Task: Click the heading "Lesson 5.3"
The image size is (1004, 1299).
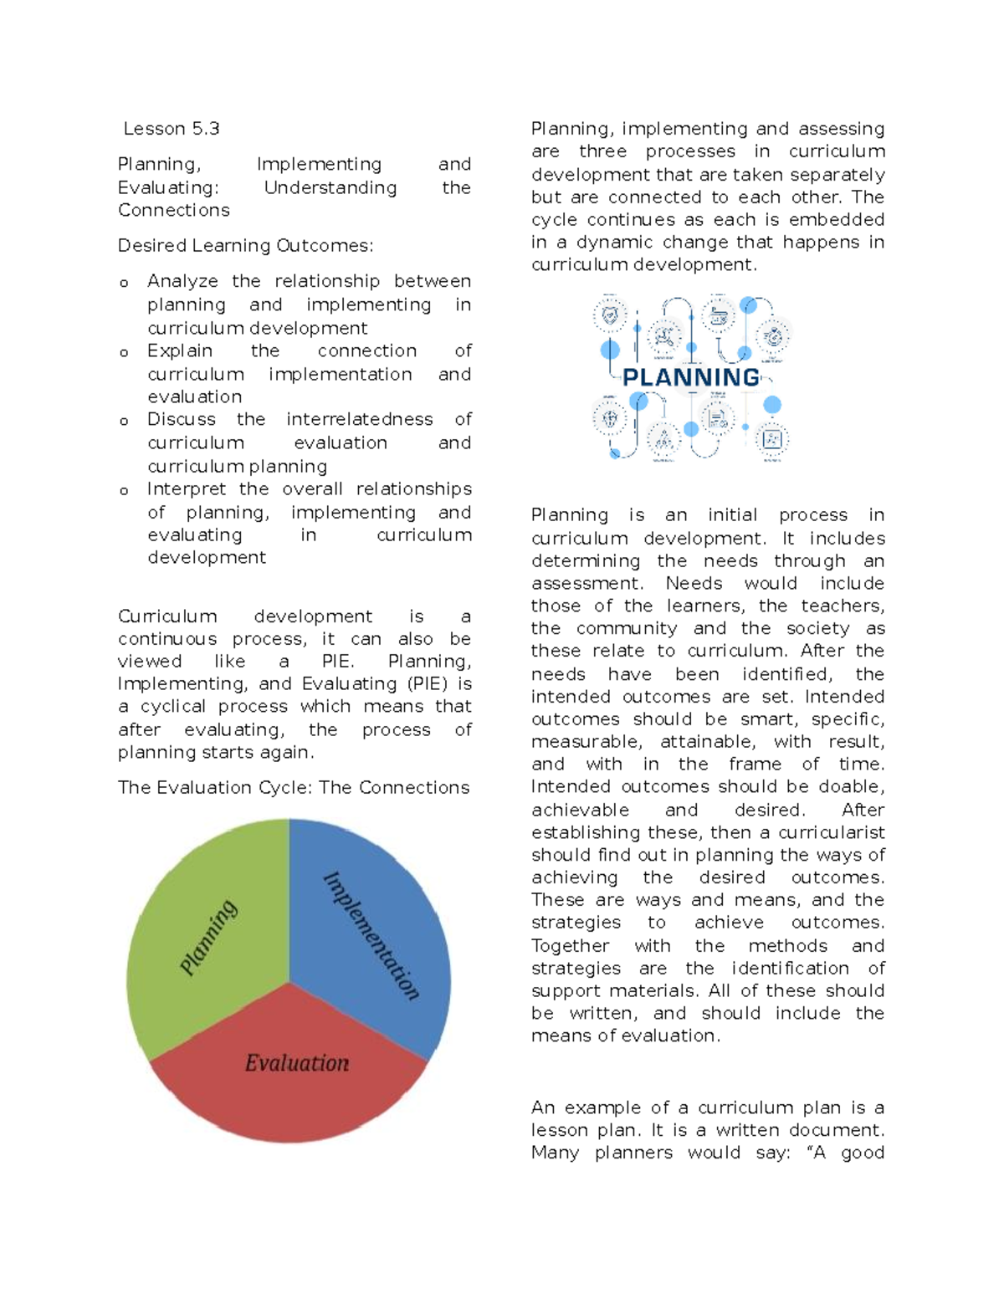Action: pos(172,129)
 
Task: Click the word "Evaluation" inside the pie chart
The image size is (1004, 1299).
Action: pos(297,1063)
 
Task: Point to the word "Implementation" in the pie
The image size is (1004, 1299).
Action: pos(371,935)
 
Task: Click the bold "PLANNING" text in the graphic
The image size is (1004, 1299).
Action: pos(691,377)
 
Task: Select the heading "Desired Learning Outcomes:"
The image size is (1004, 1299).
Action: pos(245,246)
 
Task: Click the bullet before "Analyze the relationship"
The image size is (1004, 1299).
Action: pos(124,284)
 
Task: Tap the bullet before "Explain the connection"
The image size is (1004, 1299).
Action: pos(124,353)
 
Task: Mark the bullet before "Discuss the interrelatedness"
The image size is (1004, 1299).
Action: pos(124,422)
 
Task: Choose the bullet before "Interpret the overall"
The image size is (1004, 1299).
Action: pos(124,491)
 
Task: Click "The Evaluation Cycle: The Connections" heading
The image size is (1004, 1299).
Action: pos(294,788)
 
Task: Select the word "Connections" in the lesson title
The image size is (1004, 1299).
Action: pos(173,211)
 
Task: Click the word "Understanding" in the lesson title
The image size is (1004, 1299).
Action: pos(330,188)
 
